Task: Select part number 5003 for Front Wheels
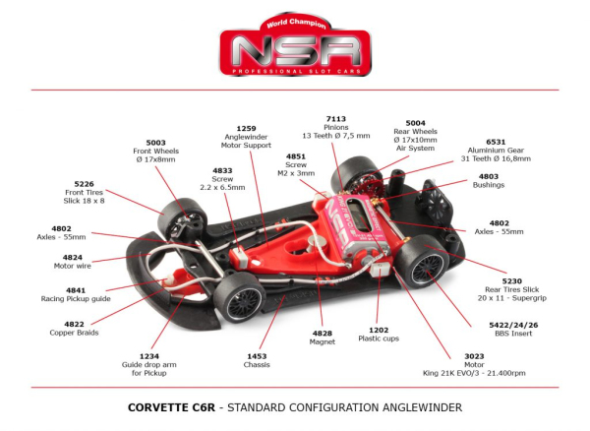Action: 155,142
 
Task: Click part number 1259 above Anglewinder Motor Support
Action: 246,128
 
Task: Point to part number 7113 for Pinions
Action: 335,118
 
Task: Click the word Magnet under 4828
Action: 322,341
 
